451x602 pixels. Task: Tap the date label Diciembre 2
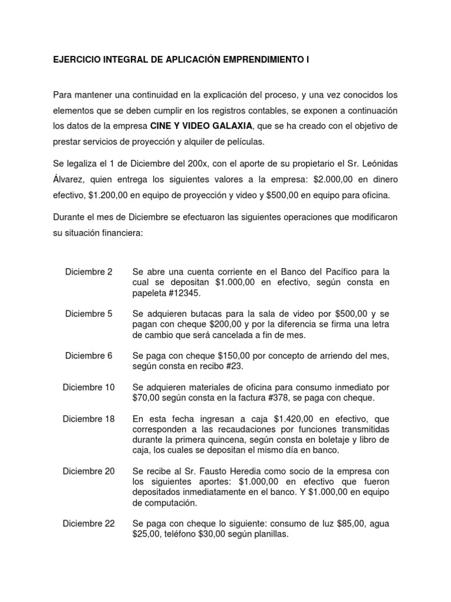click(x=89, y=272)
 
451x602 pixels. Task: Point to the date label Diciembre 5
click(x=89, y=314)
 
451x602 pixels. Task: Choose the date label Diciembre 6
click(x=89, y=356)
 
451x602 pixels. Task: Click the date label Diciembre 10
click(x=89, y=387)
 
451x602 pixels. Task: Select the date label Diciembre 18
click(x=89, y=419)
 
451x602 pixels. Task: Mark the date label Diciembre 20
click(x=89, y=471)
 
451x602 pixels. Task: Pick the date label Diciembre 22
click(x=89, y=523)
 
